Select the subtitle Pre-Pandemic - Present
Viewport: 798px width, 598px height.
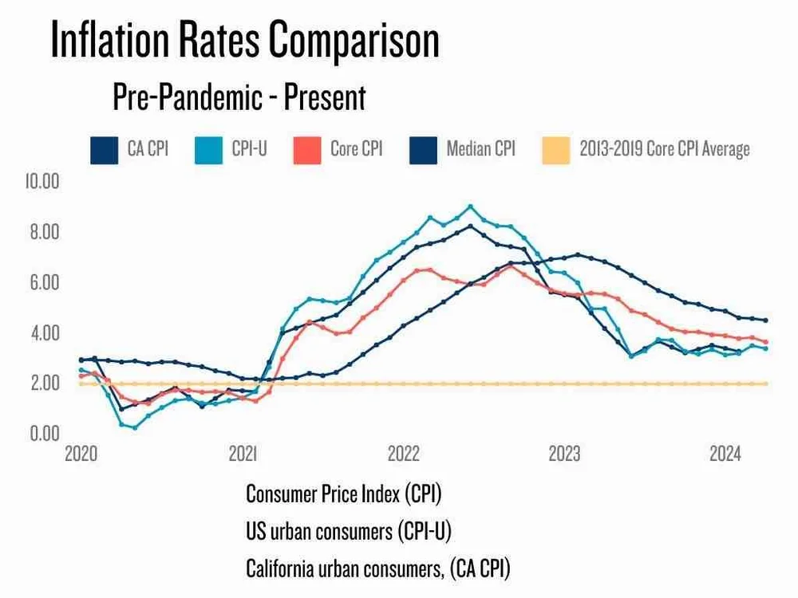(239, 97)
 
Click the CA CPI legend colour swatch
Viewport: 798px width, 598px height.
(102, 149)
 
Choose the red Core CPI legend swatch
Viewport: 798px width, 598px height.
(306, 149)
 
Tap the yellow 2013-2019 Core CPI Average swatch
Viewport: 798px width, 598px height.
(555, 149)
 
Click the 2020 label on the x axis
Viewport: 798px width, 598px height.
(81, 455)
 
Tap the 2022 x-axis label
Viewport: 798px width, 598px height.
(403, 455)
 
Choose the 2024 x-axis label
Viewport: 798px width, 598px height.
(725, 455)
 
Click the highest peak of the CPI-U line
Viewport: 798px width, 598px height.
(471, 207)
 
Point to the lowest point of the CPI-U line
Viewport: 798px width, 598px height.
(135, 427)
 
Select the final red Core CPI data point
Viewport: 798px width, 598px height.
(766, 342)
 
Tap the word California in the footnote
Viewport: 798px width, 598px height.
(285, 568)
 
